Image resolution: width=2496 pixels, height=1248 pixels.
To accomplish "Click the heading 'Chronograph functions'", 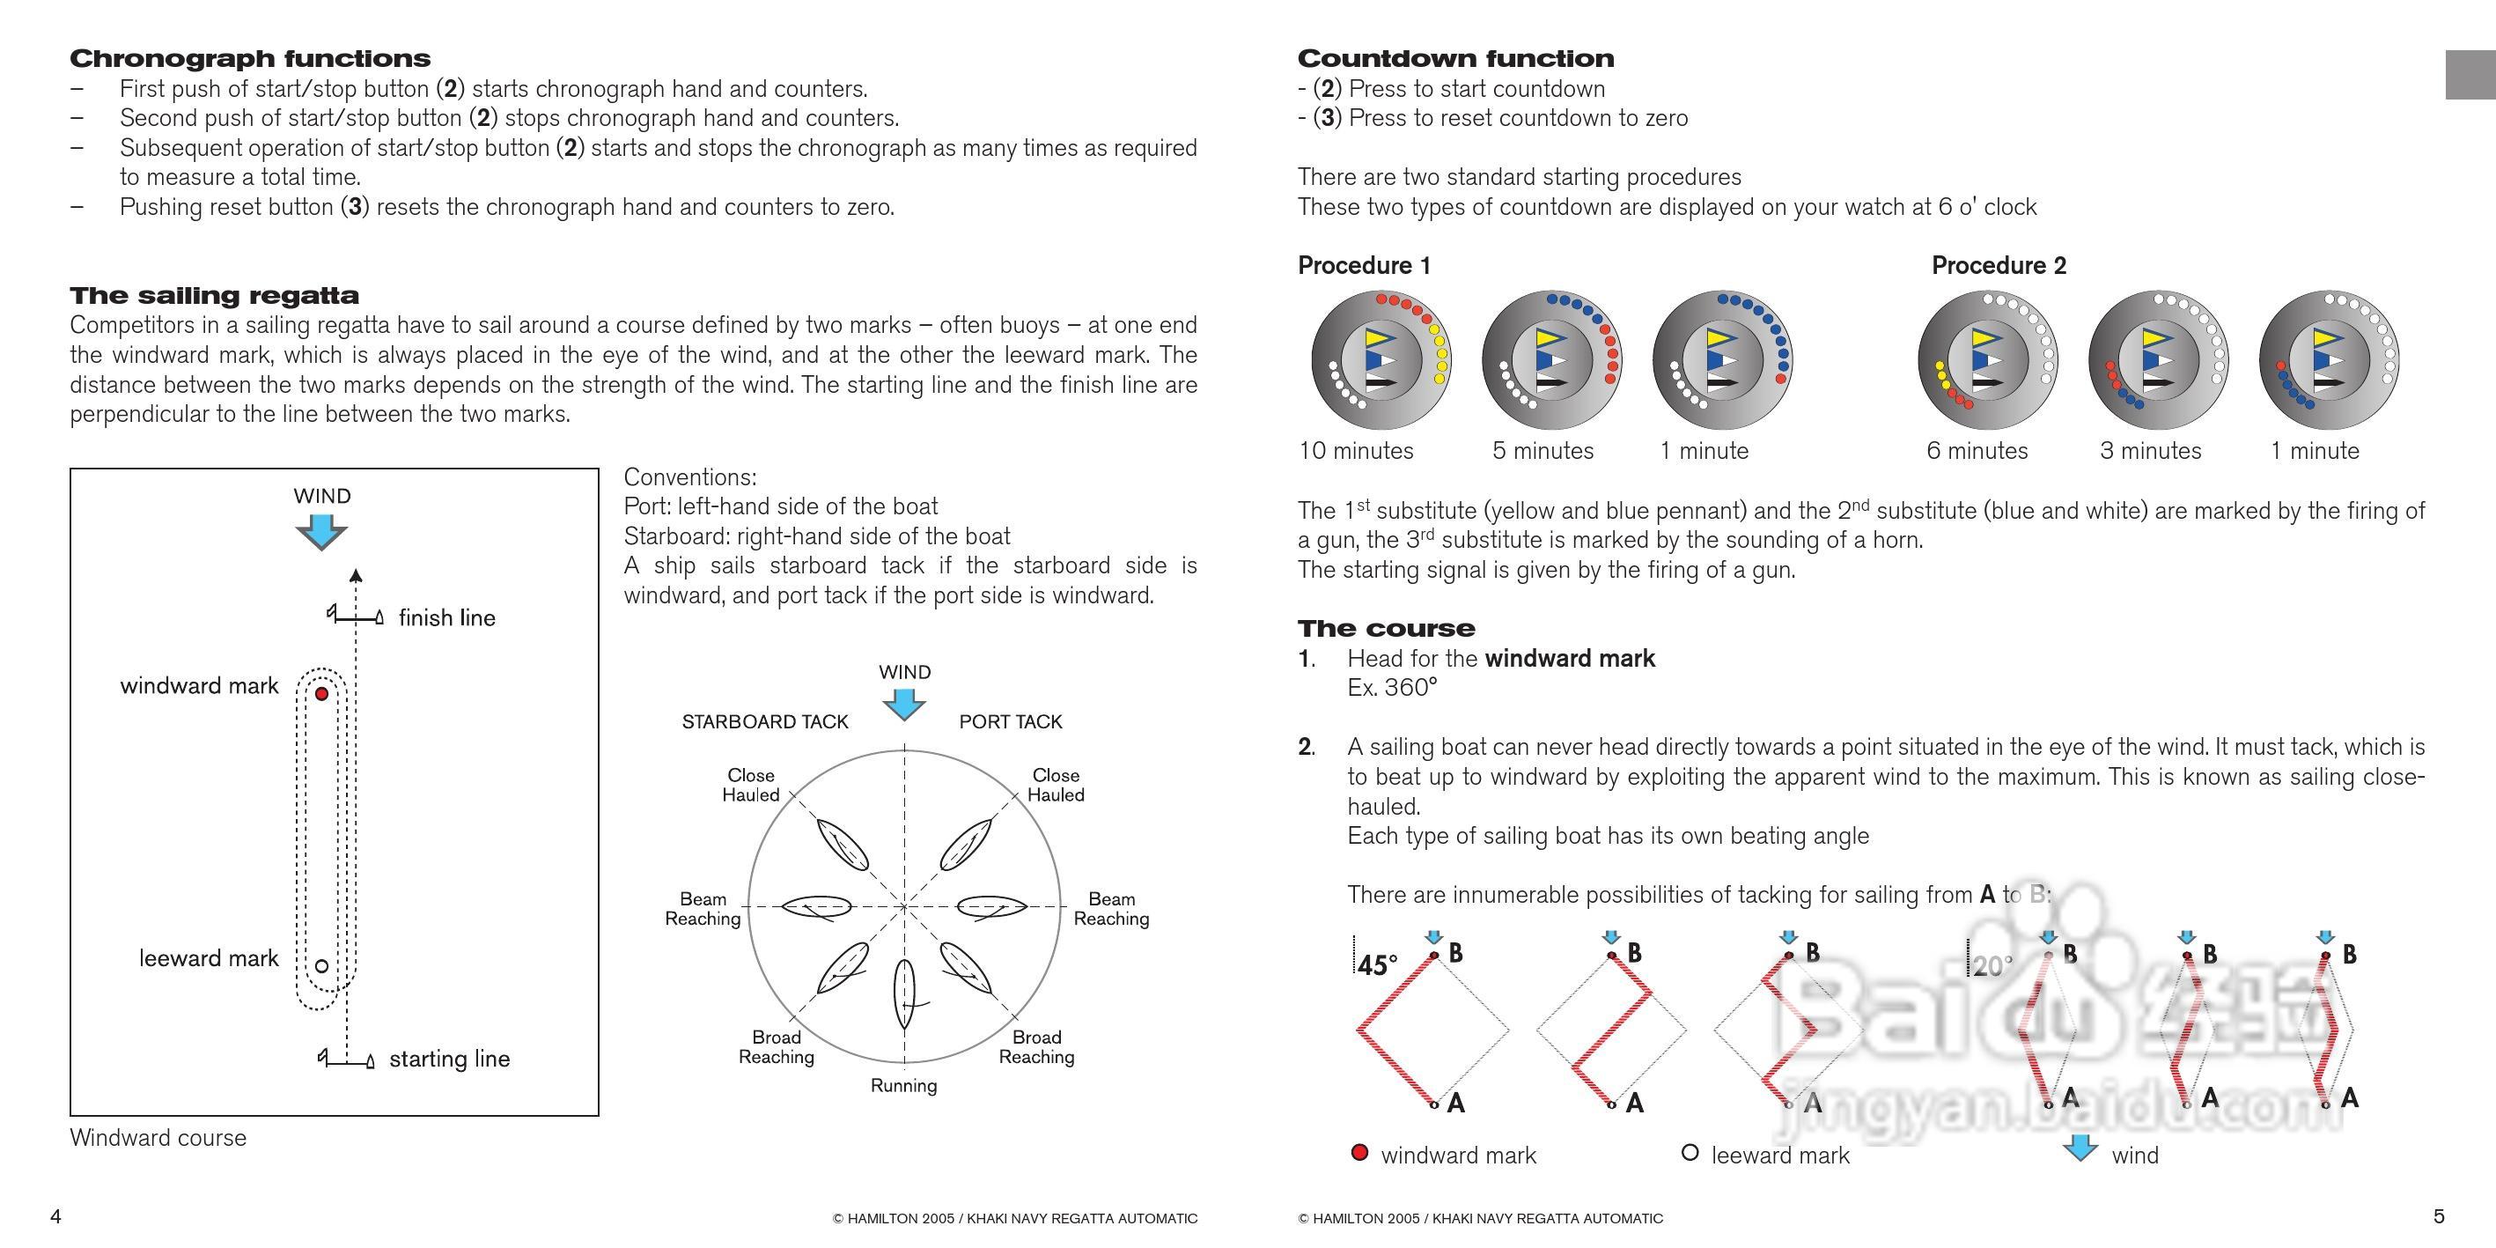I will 250,58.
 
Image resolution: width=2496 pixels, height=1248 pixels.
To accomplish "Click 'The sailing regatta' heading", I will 214,296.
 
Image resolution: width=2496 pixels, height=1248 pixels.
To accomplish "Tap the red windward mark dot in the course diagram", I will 321,694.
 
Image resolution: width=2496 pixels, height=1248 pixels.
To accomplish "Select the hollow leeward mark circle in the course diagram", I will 321,966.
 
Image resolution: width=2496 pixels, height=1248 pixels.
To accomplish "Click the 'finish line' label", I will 446,618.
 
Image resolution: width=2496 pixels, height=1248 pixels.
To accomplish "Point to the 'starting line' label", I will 450,1059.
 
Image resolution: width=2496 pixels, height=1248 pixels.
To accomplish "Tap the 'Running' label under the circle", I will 903,1086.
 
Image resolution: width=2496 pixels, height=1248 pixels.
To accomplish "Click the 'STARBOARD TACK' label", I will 764,722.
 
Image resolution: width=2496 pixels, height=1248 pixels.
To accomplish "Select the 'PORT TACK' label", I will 1011,722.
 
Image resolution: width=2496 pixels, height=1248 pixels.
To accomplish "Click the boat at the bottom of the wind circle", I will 904,993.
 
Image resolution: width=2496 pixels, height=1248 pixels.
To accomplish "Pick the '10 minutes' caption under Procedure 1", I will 1356,452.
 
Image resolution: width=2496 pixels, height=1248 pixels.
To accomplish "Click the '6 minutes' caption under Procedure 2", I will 1977,452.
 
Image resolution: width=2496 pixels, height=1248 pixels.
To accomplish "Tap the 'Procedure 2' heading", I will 1999,265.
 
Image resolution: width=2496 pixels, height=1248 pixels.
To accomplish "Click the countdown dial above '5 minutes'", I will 1551,360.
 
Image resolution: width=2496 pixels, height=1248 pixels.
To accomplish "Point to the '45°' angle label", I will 1377,965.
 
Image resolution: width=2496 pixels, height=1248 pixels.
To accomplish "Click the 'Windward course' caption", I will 158,1139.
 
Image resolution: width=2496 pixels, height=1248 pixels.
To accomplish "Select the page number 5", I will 2439,1217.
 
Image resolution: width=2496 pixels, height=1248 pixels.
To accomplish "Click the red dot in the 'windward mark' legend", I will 1359,1153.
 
